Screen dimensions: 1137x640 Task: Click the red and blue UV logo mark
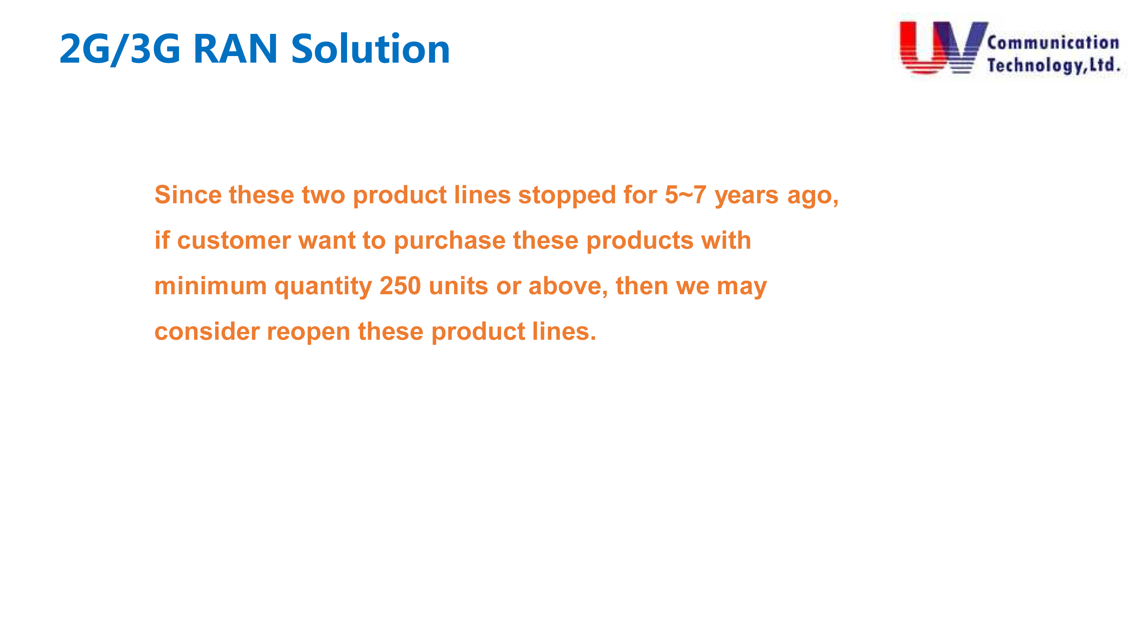[x=943, y=47]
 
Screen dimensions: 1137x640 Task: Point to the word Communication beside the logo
[x=1053, y=43]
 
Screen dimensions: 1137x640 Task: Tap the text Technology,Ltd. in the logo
[x=1054, y=65]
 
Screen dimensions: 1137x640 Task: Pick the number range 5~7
[x=685, y=195]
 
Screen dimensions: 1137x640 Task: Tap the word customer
[x=234, y=241]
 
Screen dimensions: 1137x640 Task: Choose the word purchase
[x=449, y=242]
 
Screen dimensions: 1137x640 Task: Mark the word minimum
[x=211, y=286]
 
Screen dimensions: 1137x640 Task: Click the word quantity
[x=323, y=287]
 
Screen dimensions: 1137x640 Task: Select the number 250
[x=400, y=286]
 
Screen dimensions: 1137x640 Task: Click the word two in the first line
[x=323, y=195]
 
